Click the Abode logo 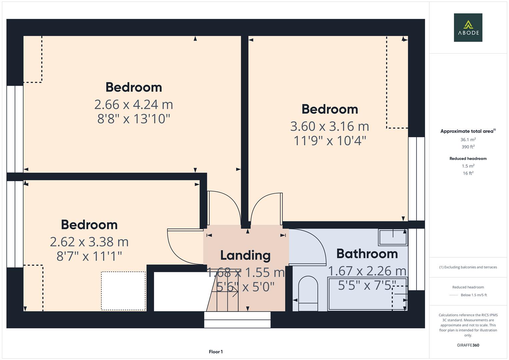pyautogui.click(x=468, y=28)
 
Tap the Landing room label pyautogui.click(x=245, y=255)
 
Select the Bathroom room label pyautogui.click(x=367, y=254)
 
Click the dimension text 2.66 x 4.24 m pyautogui.click(x=134, y=105)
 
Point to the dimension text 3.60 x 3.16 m pyautogui.click(x=330, y=126)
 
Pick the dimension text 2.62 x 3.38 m pyautogui.click(x=89, y=242)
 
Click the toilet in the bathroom pyautogui.click(x=308, y=293)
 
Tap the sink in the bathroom pyautogui.click(x=393, y=237)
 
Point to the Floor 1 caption pyautogui.click(x=216, y=352)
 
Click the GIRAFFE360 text pyautogui.click(x=468, y=345)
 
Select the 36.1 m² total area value pyautogui.click(x=468, y=140)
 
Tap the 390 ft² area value pyautogui.click(x=468, y=147)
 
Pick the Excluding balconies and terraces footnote pyautogui.click(x=468, y=267)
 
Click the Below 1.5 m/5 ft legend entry pyautogui.click(x=473, y=295)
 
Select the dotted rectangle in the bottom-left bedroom pyautogui.click(x=123, y=291)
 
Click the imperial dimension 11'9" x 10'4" pyautogui.click(x=330, y=141)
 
